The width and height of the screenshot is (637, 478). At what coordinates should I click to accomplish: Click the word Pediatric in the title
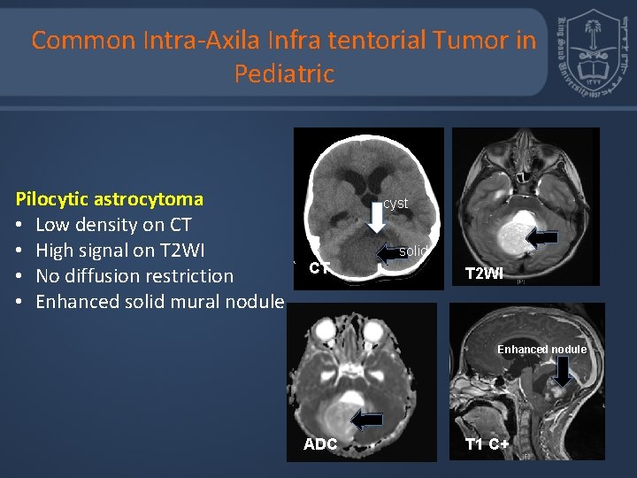point(284,73)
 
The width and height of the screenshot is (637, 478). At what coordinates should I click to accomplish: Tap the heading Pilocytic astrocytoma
point(110,199)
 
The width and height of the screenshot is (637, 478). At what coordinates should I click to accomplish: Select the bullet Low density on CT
point(113,225)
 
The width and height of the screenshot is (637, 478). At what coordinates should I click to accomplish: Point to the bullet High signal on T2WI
point(119,251)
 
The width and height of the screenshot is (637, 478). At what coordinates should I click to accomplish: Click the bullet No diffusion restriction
point(134,276)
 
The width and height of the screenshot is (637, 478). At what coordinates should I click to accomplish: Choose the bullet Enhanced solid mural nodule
point(159,302)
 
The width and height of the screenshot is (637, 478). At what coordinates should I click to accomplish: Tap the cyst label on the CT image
point(395,204)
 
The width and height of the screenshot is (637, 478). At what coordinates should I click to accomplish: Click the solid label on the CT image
point(412,251)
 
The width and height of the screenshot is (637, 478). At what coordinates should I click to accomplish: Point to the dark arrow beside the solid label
point(387,254)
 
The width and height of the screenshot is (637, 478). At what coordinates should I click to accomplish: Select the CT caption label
point(319,268)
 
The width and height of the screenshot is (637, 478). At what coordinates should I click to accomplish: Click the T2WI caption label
point(484,274)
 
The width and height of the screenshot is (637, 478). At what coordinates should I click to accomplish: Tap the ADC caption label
point(320,444)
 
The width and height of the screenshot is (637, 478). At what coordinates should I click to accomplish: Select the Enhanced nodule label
point(541,350)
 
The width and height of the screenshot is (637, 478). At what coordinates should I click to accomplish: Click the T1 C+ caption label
point(487,444)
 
